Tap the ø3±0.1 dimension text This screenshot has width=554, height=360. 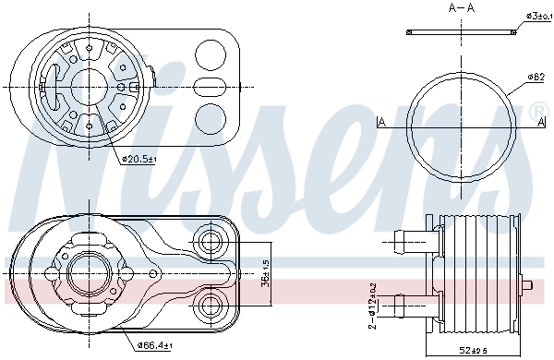click(x=538, y=16)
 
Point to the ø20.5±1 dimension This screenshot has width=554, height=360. click(x=139, y=160)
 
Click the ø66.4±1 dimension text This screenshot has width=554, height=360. click(x=155, y=345)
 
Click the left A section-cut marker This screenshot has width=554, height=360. click(x=381, y=121)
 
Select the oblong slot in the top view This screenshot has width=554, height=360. click(x=212, y=89)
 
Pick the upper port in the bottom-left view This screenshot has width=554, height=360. click(x=211, y=244)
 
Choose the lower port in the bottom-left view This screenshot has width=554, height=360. click(x=211, y=305)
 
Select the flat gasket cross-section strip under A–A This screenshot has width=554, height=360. click(x=461, y=32)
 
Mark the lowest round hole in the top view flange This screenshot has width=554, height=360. click(x=211, y=116)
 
